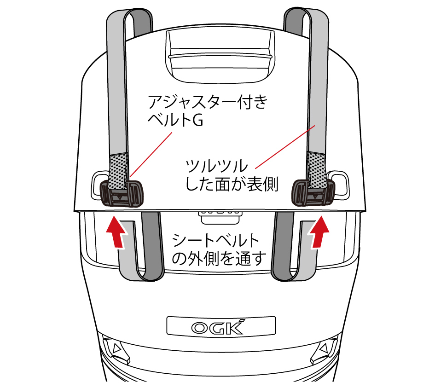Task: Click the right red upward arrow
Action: point(319,232)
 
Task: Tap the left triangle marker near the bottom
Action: point(115,348)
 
